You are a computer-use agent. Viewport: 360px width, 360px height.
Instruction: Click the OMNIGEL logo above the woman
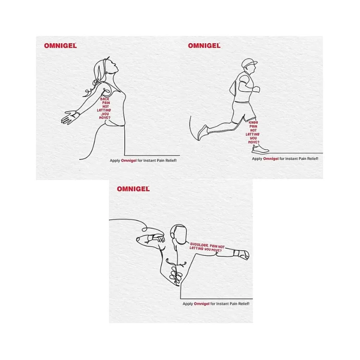point(60,46)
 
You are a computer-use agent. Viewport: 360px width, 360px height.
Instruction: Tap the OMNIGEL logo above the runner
point(204,46)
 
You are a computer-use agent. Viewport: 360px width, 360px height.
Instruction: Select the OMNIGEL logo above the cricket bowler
point(133,189)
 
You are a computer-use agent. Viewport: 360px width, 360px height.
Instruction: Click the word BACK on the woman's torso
point(105,99)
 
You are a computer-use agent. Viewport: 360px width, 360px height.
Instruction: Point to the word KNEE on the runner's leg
point(253,122)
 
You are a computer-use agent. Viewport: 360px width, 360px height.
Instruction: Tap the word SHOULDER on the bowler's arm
point(199,245)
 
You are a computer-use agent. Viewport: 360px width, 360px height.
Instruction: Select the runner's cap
point(249,62)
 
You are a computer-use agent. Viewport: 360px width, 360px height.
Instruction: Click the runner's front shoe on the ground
point(260,150)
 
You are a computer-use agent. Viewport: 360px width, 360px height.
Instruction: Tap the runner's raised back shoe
point(203,132)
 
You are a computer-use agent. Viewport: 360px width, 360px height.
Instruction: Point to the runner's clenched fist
point(256,89)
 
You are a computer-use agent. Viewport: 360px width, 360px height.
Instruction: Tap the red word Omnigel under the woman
point(129,160)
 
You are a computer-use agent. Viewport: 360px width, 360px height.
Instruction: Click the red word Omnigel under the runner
point(271,159)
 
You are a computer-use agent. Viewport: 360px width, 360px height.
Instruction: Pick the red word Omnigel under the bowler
point(202,303)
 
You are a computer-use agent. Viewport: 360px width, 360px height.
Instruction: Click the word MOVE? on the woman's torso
point(105,118)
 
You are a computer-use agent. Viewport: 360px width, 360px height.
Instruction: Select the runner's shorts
point(243,112)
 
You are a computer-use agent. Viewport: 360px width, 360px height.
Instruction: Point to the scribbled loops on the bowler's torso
point(176,275)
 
